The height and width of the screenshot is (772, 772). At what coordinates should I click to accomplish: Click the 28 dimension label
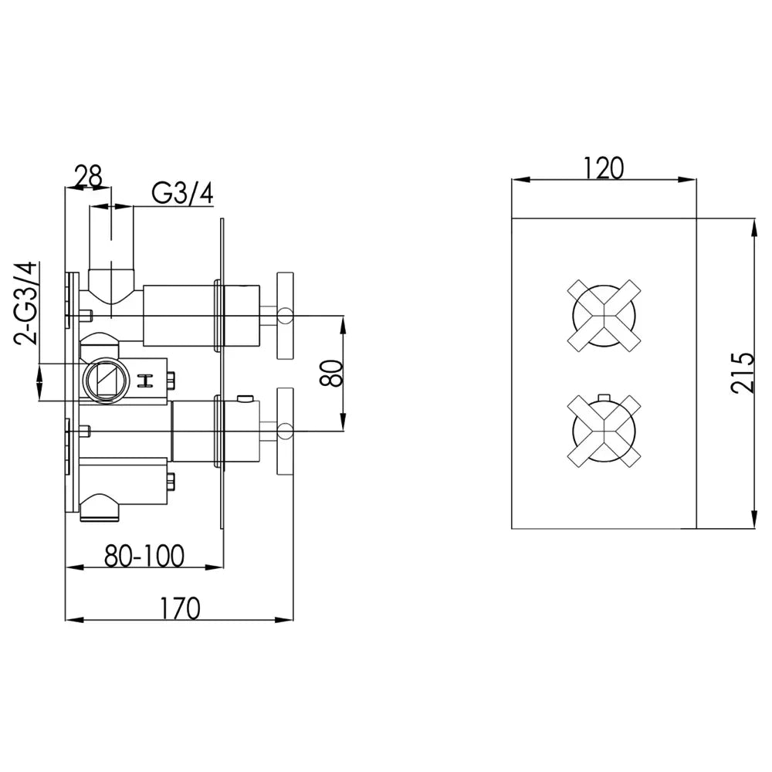(88, 176)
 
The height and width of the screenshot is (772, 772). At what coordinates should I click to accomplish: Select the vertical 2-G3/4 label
(26, 303)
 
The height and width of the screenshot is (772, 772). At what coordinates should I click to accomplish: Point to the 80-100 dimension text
(144, 556)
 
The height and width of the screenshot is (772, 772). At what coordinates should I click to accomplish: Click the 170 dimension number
(179, 608)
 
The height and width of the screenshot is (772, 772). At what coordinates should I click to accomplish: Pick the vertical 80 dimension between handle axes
(331, 373)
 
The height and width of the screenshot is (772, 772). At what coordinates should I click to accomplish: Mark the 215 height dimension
(743, 373)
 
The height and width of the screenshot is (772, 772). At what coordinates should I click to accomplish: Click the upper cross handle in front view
(604, 316)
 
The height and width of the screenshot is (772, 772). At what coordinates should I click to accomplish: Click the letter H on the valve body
(146, 381)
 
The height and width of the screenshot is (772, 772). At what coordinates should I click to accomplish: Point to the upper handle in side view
(285, 316)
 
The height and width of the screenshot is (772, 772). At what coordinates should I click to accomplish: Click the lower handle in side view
(285, 432)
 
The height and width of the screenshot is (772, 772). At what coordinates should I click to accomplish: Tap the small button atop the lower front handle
(604, 398)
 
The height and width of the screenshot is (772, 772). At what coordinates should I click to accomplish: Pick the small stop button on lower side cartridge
(245, 398)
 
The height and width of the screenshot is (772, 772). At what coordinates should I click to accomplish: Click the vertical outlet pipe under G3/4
(111, 239)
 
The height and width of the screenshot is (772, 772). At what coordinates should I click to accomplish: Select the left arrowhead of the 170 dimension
(74, 619)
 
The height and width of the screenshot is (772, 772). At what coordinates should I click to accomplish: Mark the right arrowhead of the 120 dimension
(688, 180)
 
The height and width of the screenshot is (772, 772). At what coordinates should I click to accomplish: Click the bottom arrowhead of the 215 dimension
(754, 520)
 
